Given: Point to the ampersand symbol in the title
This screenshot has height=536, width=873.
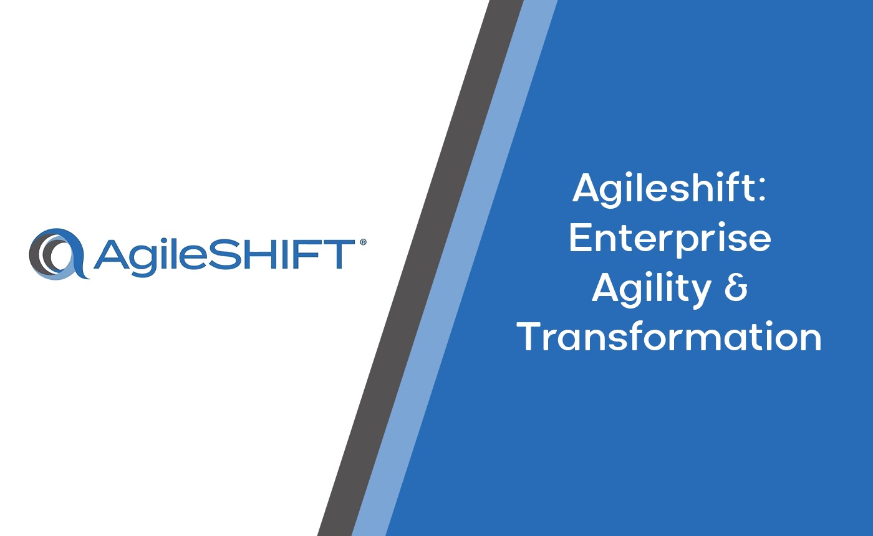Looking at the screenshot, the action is click(736, 287).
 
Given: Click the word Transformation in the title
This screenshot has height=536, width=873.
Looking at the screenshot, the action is click(669, 337).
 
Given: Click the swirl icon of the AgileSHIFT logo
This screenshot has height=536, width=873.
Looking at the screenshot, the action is click(59, 254).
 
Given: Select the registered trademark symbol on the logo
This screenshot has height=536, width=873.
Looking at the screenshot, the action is click(363, 242).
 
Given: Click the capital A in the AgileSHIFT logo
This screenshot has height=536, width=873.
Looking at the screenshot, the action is click(110, 254).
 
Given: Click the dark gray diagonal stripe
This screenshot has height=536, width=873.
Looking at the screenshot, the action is click(421, 268).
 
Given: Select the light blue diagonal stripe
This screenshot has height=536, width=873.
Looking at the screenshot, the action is click(455, 268).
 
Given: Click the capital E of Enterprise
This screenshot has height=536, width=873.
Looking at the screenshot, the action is click(582, 237).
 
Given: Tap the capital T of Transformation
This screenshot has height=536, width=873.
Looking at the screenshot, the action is click(531, 336).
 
